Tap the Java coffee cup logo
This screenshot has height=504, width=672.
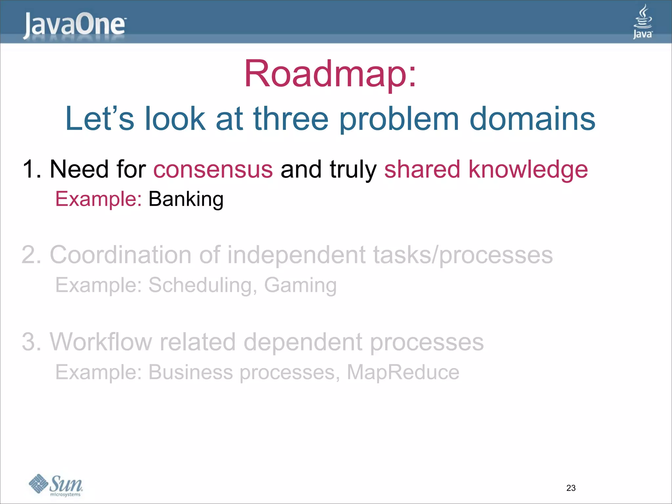click(642, 22)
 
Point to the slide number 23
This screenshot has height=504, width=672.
click(571, 488)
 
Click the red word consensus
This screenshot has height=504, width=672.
click(213, 169)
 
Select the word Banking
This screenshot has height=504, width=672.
click(186, 199)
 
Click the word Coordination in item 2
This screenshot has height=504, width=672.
click(120, 255)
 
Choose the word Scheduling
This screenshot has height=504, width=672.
click(202, 285)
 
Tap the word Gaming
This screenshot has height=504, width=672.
click(300, 285)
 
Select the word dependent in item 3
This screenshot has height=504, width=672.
click(303, 343)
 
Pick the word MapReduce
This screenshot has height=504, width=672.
click(403, 372)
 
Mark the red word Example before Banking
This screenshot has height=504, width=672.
click(98, 199)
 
